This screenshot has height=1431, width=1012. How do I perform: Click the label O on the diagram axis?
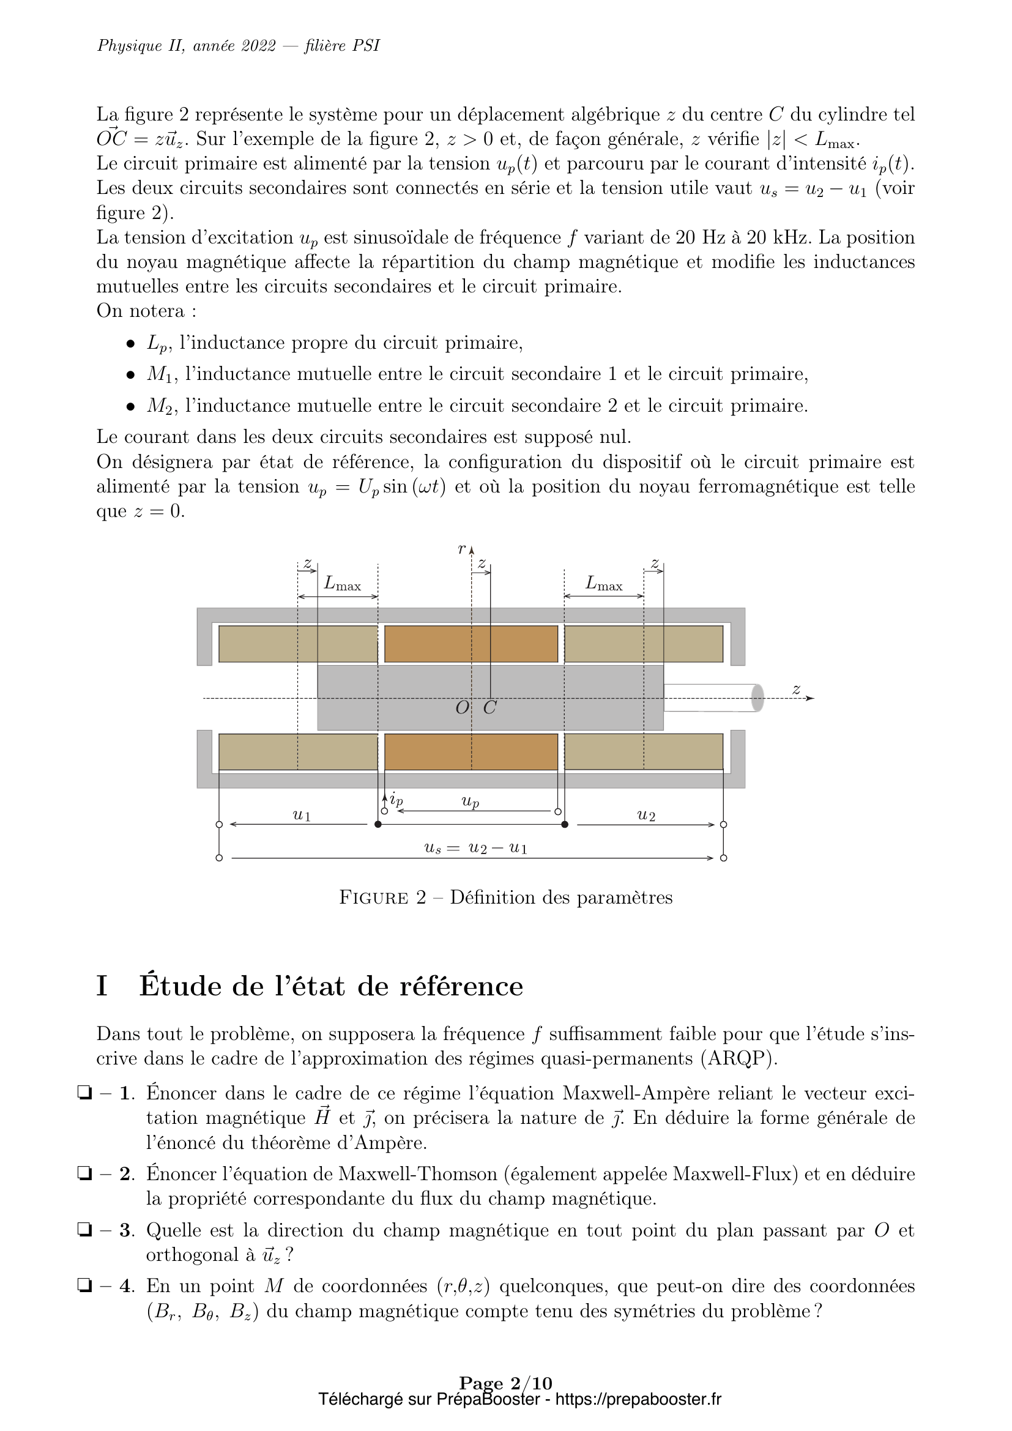pyautogui.click(x=463, y=708)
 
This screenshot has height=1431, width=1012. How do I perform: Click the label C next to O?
pyautogui.click(x=490, y=708)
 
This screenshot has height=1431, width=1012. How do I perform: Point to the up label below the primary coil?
pyautogui.click(x=471, y=802)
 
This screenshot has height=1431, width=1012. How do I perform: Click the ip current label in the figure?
pyautogui.click(x=396, y=799)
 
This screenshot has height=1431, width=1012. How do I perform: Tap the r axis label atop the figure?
pyautogui.click(x=462, y=549)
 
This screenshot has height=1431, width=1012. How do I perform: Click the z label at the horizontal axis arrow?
pyautogui.click(x=796, y=689)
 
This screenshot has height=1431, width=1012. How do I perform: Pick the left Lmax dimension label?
pyautogui.click(x=342, y=584)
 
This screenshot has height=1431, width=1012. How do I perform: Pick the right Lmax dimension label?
pyautogui.click(x=604, y=584)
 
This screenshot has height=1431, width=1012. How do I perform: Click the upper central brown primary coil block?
pyautogui.click(x=471, y=644)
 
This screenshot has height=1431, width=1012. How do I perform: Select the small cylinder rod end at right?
pyautogui.click(x=757, y=698)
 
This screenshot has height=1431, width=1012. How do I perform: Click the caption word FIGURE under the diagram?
pyautogui.click(x=374, y=898)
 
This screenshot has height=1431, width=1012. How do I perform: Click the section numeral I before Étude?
pyautogui.click(x=102, y=987)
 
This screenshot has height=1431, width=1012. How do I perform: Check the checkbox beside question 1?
pyautogui.click(x=83, y=1093)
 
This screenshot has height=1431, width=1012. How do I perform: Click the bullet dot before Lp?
pyautogui.click(x=130, y=343)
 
